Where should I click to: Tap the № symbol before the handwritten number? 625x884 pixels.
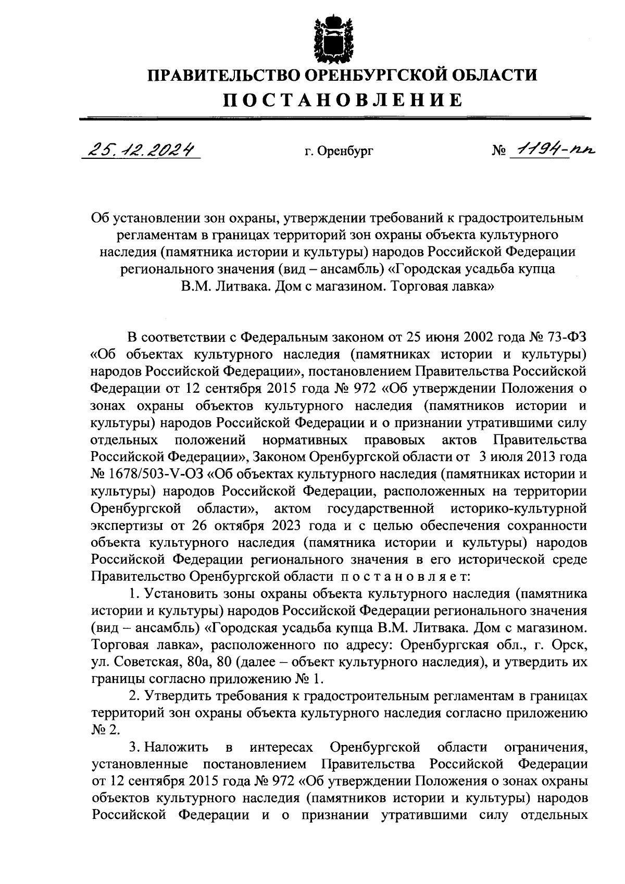pyautogui.click(x=498, y=152)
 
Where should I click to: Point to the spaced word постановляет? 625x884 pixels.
pyautogui.click(x=406, y=576)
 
